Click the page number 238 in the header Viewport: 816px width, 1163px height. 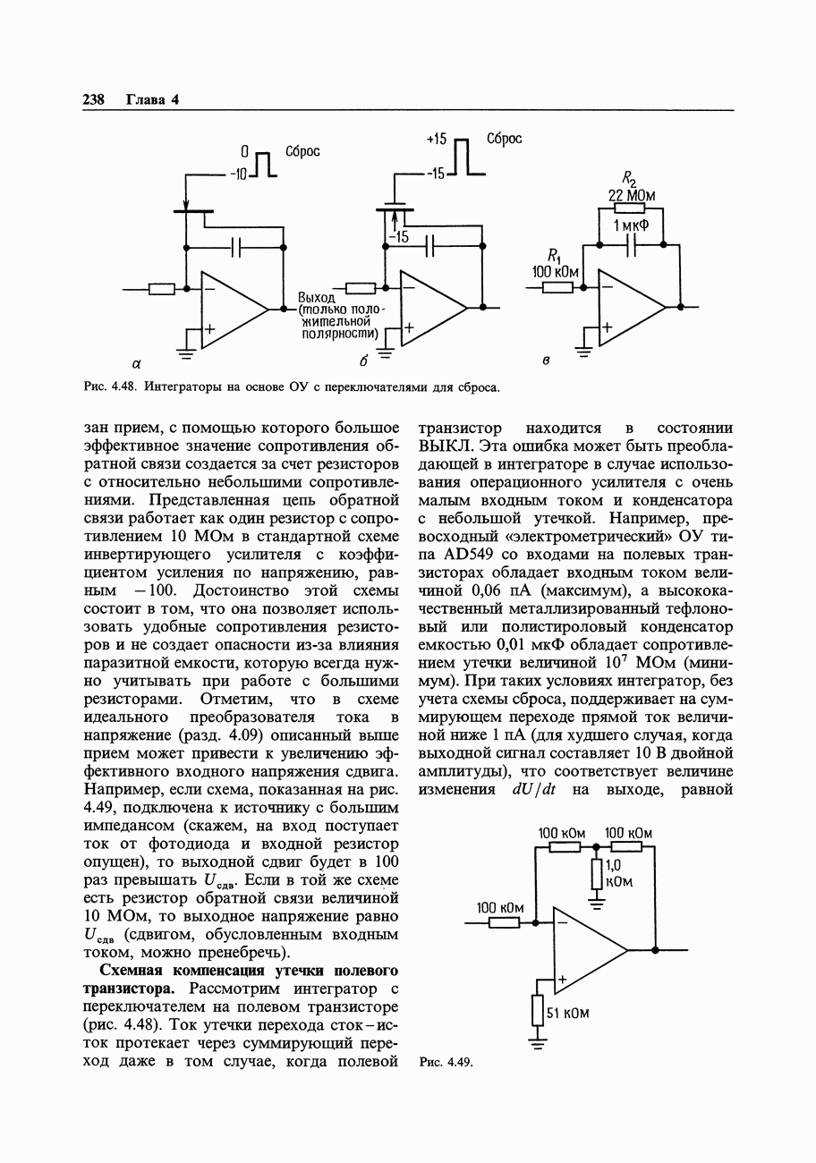(94, 99)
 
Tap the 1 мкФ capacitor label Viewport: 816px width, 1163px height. (631, 226)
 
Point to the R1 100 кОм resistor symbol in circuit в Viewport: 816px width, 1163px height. (557, 287)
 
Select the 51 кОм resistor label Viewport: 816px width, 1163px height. (567, 1014)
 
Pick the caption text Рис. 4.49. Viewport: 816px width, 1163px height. (445, 1062)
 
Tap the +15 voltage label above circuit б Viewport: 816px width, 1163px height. (436, 140)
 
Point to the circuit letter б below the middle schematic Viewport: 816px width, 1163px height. (363, 361)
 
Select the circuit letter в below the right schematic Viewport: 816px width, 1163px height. (547, 361)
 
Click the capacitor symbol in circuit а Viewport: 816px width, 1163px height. (236, 245)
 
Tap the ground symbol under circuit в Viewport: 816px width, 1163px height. (584, 352)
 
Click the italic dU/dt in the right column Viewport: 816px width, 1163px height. (534, 790)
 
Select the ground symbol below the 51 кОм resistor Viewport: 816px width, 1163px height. (537, 1041)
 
